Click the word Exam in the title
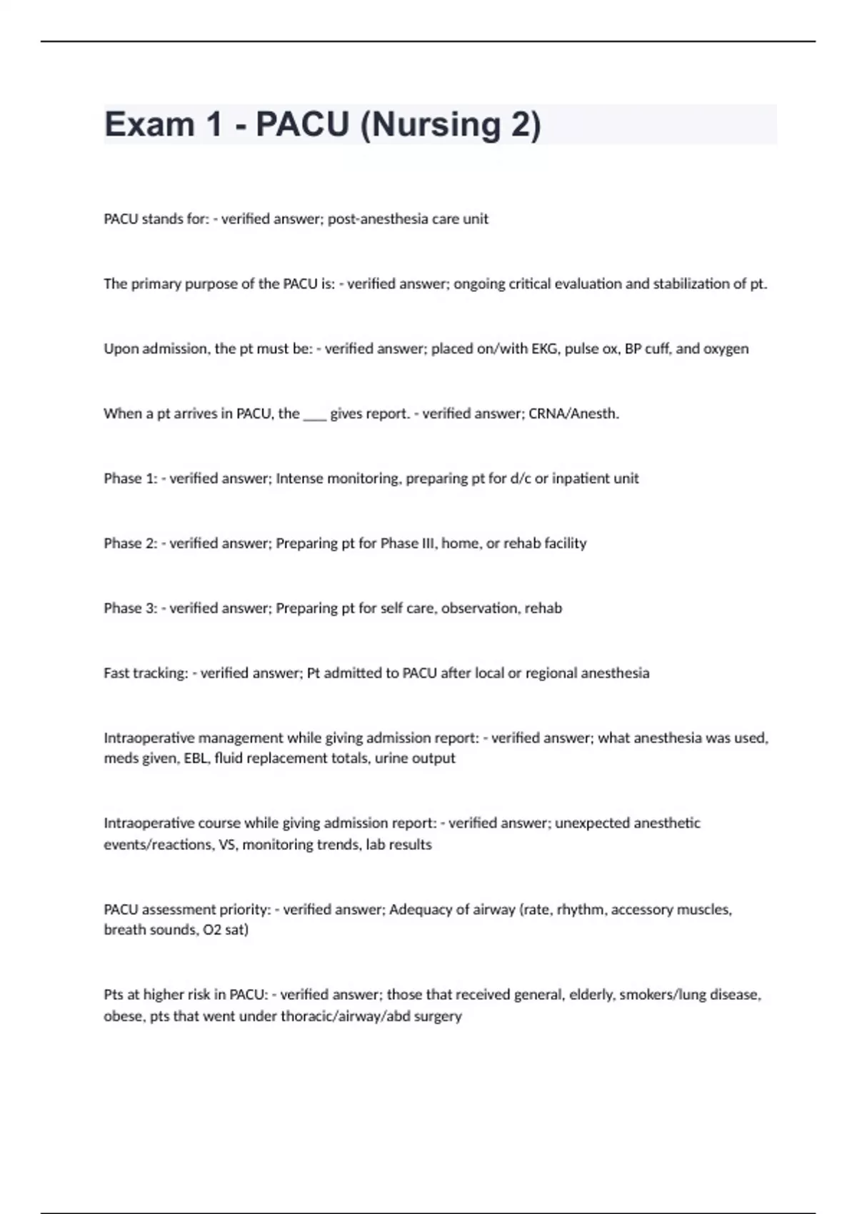[149, 125]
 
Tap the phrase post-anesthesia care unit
[408, 219]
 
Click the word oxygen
[726, 349]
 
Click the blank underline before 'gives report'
[314, 414]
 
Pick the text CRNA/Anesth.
[573, 414]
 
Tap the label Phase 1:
[130, 479]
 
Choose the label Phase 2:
[130, 544]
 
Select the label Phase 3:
[130, 609]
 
